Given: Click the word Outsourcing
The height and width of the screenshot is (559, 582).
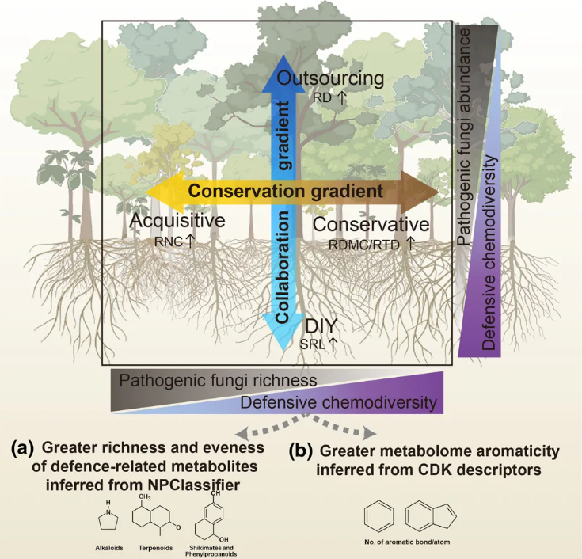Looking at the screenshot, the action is pyautogui.click(x=330, y=78).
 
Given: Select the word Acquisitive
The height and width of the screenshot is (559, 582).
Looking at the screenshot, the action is pyautogui.click(x=177, y=221).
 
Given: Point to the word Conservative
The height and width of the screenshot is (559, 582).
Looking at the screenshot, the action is pyautogui.click(x=371, y=225).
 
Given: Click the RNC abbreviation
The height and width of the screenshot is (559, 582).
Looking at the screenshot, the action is pyautogui.click(x=169, y=241).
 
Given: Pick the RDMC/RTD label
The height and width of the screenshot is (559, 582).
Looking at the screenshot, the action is pyautogui.click(x=363, y=245).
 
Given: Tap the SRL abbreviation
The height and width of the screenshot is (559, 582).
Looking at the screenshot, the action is pyautogui.click(x=313, y=344).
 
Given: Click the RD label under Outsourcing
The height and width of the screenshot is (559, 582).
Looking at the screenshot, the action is pyautogui.click(x=322, y=98).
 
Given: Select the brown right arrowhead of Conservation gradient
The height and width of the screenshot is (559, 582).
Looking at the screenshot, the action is pyautogui.click(x=420, y=192).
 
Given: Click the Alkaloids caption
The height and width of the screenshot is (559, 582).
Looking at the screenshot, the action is pyautogui.click(x=109, y=548).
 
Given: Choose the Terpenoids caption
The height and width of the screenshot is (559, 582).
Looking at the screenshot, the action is pyautogui.click(x=155, y=548).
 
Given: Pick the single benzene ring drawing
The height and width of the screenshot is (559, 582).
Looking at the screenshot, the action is pyautogui.click(x=379, y=517).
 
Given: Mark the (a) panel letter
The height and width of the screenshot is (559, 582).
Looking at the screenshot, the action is pyautogui.click(x=22, y=448).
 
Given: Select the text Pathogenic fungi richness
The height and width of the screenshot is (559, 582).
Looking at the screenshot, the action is pyautogui.click(x=219, y=381).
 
